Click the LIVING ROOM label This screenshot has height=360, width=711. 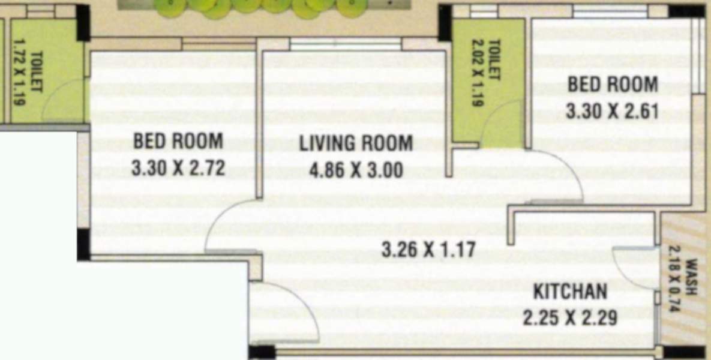(x=356, y=143)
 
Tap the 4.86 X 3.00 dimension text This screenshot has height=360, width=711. (x=356, y=170)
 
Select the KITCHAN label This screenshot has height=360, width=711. (x=570, y=291)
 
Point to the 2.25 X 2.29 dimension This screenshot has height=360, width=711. (x=570, y=317)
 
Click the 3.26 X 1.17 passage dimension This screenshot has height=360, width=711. (x=428, y=250)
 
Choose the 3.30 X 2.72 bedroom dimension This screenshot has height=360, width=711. (x=178, y=168)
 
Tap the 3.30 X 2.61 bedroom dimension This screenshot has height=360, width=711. (x=612, y=111)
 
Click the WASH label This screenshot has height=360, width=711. (x=691, y=277)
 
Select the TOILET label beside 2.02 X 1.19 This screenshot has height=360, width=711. (x=494, y=60)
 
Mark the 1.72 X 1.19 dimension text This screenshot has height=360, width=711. (x=19, y=72)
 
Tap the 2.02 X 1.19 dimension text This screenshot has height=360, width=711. (x=477, y=73)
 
